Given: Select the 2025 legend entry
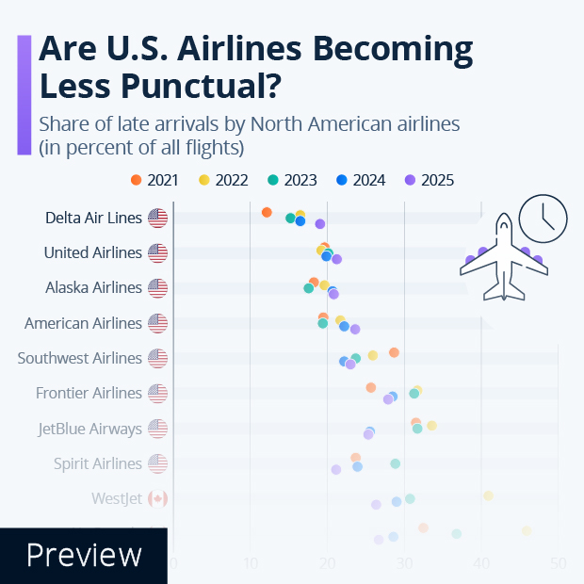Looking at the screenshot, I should click(x=430, y=180).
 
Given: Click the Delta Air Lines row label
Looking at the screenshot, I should click(x=93, y=218).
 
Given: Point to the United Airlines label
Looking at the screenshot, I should click(x=92, y=252).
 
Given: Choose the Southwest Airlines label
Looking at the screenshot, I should click(x=79, y=358).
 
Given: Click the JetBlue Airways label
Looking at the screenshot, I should click(x=89, y=429).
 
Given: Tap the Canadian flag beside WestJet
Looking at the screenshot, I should click(x=157, y=498).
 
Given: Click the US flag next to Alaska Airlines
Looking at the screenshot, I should click(x=157, y=287).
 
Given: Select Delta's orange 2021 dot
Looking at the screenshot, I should click(x=267, y=212).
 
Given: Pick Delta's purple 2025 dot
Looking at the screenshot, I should click(x=319, y=224).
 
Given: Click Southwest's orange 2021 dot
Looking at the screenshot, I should click(x=394, y=352).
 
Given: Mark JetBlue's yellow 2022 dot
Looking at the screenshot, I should click(x=431, y=426).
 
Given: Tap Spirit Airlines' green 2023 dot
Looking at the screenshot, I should click(x=395, y=463).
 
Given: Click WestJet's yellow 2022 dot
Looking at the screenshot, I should click(x=488, y=495).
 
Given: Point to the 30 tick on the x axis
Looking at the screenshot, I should click(x=405, y=563).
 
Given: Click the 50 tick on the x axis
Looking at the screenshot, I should click(x=559, y=563).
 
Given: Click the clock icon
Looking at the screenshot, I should click(x=543, y=218).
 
